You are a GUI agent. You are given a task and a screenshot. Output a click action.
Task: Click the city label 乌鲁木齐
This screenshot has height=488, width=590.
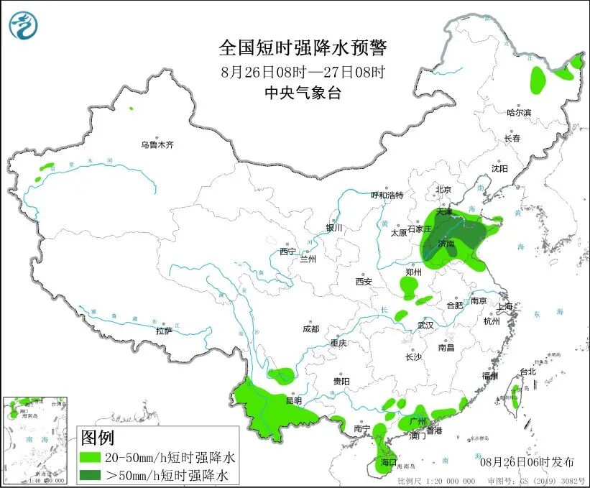click(x=157, y=145)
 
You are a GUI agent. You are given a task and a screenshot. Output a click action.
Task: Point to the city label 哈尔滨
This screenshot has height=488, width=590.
click(x=518, y=113)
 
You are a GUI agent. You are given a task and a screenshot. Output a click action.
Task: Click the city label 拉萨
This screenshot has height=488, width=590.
click(x=164, y=331)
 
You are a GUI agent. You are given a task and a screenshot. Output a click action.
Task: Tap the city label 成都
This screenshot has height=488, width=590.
click(x=310, y=329)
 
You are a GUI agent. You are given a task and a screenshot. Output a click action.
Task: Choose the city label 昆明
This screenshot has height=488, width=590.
click(x=294, y=400)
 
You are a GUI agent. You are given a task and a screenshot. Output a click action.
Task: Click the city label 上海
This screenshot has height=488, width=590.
click(x=506, y=307)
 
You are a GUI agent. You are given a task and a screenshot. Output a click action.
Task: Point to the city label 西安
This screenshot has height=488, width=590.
click(x=363, y=282)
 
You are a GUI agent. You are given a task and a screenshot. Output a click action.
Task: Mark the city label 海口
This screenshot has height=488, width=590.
click(x=389, y=461)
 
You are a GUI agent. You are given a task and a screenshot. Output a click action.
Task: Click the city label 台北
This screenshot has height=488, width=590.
click(x=527, y=372)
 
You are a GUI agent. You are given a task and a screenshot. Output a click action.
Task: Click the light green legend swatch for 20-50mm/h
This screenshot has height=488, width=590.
click(x=90, y=457)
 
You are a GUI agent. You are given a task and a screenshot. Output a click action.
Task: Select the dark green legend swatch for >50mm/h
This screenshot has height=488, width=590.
click(x=90, y=475)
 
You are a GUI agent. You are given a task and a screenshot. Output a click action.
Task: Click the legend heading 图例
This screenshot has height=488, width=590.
click(x=97, y=438)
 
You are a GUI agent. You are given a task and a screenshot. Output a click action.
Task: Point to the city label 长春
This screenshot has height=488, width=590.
click(x=512, y=138)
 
